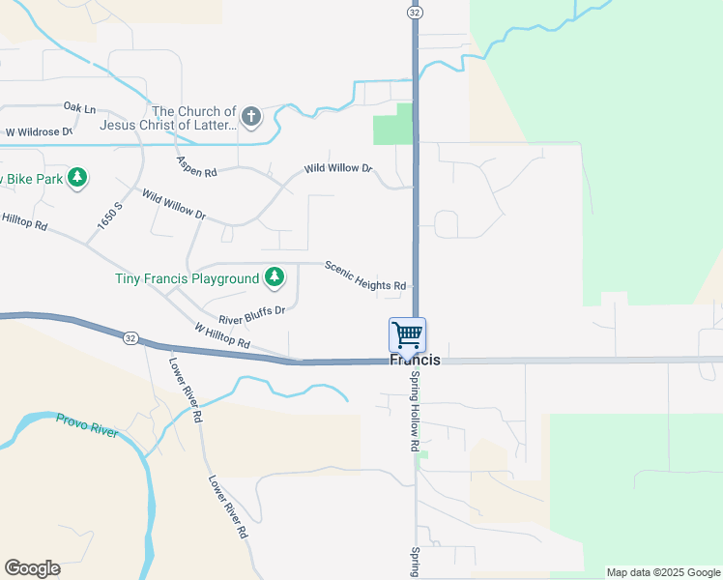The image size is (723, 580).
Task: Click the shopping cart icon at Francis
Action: pyautogui.click(x=407, y=335)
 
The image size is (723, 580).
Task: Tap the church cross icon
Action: pyautogui.click(x=251, y=118)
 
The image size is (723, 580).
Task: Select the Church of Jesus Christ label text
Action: pyautogui.click(x=193, y=118)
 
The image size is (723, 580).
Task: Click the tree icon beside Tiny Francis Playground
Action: pyautogui.click(x=275, y=278)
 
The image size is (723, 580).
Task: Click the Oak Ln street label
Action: pyautogui.click(x=79, y=106)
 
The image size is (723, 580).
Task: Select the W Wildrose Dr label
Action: pyautogui.click(x=39, y=131)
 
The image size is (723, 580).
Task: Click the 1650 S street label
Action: pyautogui.click(x=110, y=215)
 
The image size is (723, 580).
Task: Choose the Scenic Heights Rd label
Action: pyautogui.click(x=365, y=276)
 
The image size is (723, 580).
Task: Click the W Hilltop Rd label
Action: pyautogui.click(x=222, y=337)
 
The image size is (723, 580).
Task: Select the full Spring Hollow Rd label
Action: pyautogui.click(x=413, y=411)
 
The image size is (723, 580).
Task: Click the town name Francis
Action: pyautogui.click(x=415, y=360)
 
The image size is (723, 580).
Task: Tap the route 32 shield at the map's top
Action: pyautogui.click(x=415, y=12)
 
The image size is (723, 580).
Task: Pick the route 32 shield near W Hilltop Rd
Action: pyautogui.click(x=130, y=337)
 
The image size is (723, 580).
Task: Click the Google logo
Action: pyautogui.click(x=32, y=568)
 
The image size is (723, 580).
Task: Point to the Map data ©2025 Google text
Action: pyautogui.click(x=663, y=572)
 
